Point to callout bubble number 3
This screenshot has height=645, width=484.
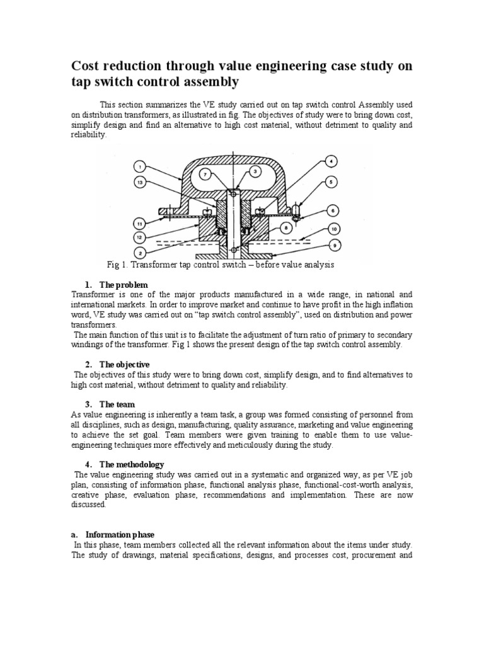[255, 171]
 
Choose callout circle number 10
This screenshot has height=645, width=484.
[335, 230]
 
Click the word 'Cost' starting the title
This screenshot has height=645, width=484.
[86, 67]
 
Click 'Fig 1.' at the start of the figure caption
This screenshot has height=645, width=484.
[121, 265]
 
